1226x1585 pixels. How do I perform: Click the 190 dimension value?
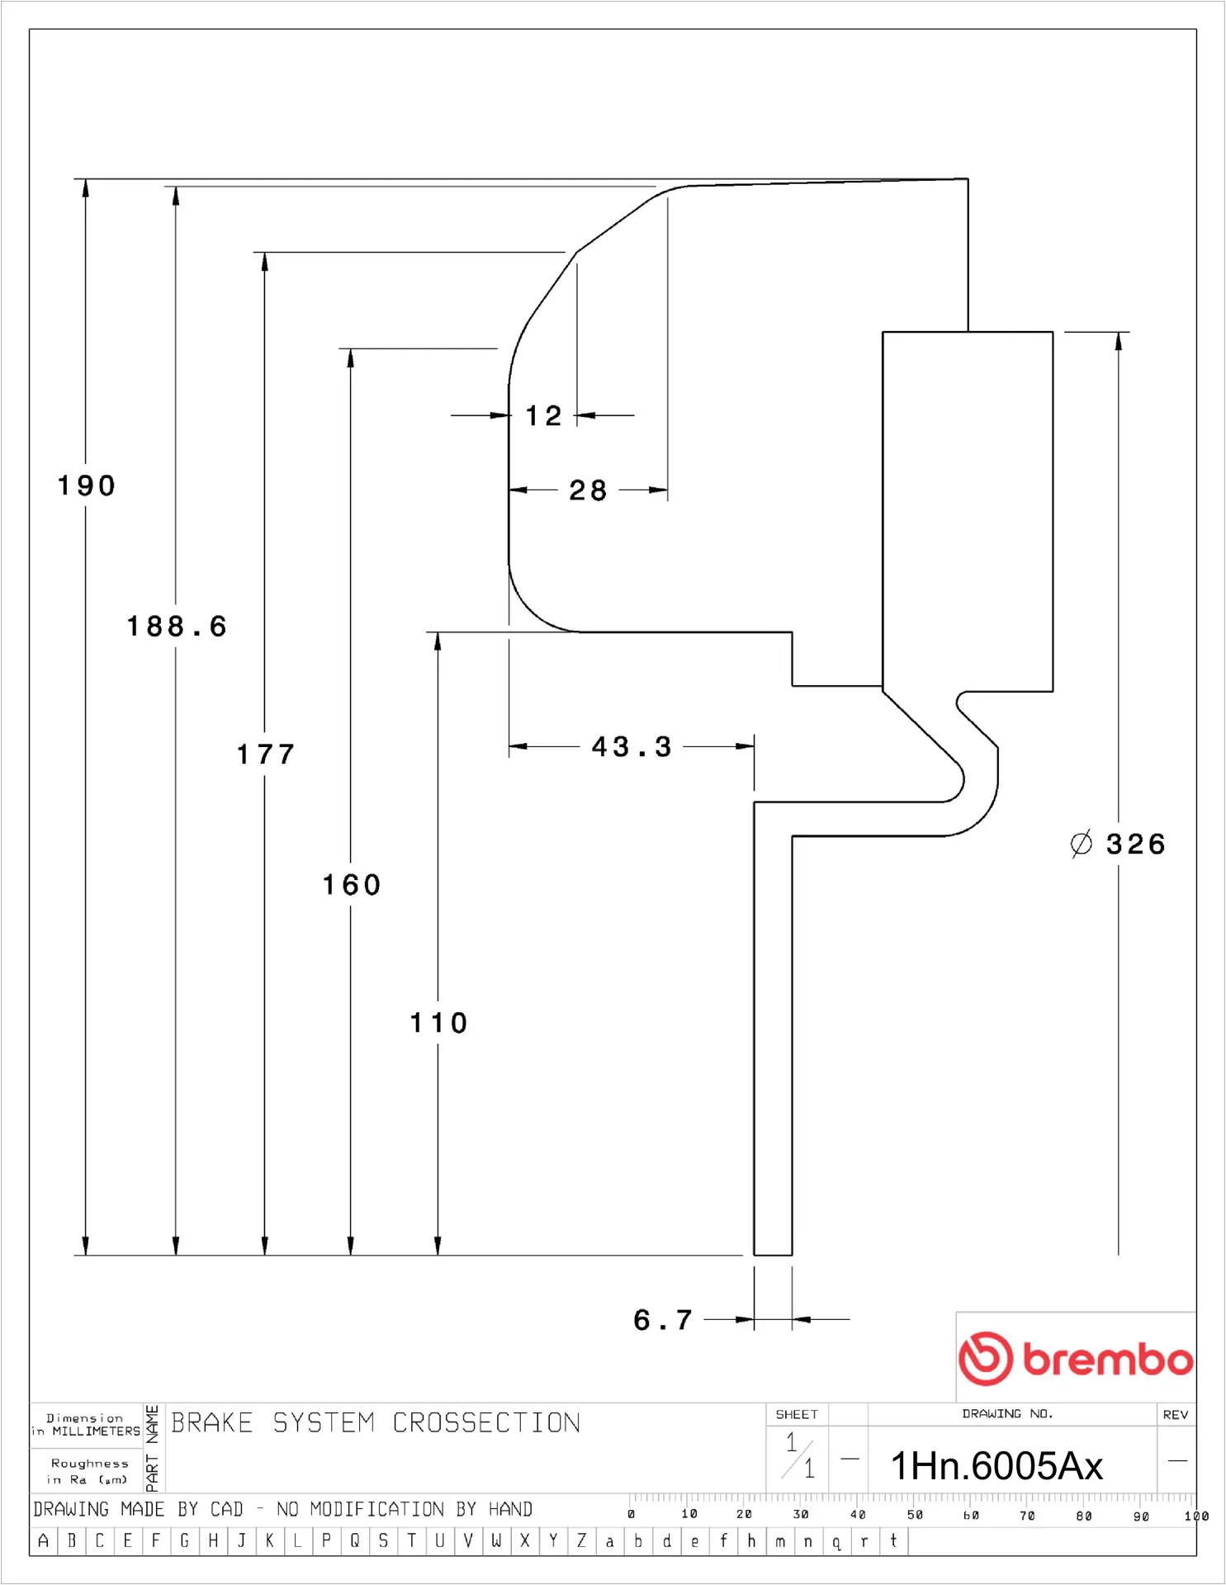click(87, 485)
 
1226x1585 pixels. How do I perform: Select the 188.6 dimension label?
click(177, 627)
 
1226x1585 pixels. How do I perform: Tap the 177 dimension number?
click(266, 755)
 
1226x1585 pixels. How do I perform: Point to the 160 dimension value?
click(352, 885)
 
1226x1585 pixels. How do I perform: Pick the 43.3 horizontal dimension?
click(632, 747)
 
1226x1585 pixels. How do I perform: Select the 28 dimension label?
click(588, 490)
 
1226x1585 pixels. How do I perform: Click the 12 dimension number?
click(543, 416)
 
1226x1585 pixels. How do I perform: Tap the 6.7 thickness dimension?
click(663, 1320)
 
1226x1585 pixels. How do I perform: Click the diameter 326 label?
click(1119, 845)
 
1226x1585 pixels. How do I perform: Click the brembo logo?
click(1076, 1359)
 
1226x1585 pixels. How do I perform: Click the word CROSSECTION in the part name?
click(486, 1423)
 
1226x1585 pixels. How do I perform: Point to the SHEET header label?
click(797, 1415)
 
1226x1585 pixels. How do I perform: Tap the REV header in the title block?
click(1175, 1415)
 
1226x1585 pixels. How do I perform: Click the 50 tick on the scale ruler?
click(915, 1515)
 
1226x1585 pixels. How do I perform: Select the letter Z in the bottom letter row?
click(581, 1540)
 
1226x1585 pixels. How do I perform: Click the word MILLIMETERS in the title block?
click(96, 1431)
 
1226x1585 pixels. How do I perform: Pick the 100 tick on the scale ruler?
click(1195, 1516)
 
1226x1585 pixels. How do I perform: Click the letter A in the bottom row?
click(44, 1540)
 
